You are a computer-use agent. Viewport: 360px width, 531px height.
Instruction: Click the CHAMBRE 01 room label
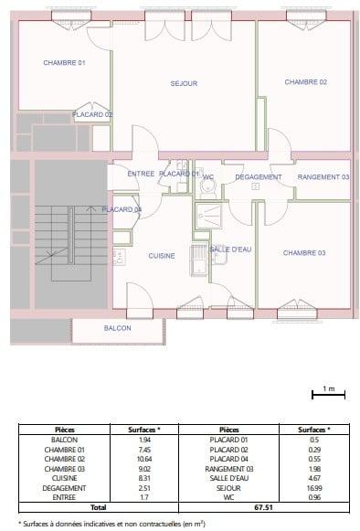tap(64, 62)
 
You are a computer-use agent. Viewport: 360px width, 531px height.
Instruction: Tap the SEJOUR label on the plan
tap(184, 83)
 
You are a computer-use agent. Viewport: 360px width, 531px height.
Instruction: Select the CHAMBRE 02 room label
tap(305, 82)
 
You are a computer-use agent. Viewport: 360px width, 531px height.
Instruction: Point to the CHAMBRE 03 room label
tap(303, 252)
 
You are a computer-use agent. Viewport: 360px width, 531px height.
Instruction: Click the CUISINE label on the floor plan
tap(162, 256)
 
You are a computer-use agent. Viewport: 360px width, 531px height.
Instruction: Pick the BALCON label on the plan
tap(117, 328)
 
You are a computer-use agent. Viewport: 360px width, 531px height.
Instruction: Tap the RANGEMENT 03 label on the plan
tap(323, 176)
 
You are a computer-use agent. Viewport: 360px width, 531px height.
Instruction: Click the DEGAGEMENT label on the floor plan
tap(259, 176)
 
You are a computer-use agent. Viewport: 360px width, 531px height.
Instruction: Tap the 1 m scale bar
tap(328, 394)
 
